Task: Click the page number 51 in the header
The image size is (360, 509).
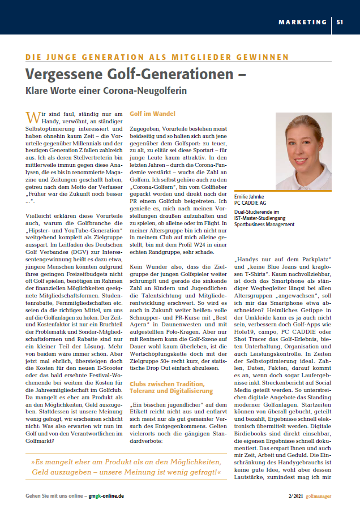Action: pyautogui.click(x=340, y=23)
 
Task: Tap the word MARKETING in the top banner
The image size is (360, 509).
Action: pyautogui.click(x=302, y=23)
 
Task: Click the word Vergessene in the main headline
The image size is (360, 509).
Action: pyautogui.click(x=61, y=74)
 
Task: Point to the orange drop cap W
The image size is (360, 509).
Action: pyautogui.click(x=33, y=117)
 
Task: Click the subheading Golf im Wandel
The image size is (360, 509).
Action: pyautogui.click(x=153, y=114)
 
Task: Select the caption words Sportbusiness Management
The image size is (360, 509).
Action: pyautogui.click(x=264, y=224)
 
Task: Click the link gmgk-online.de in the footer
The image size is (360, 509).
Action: pyautogui.click(x=106, y=495)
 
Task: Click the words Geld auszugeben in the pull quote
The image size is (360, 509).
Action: pyautogui.click(x=62, y=472)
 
